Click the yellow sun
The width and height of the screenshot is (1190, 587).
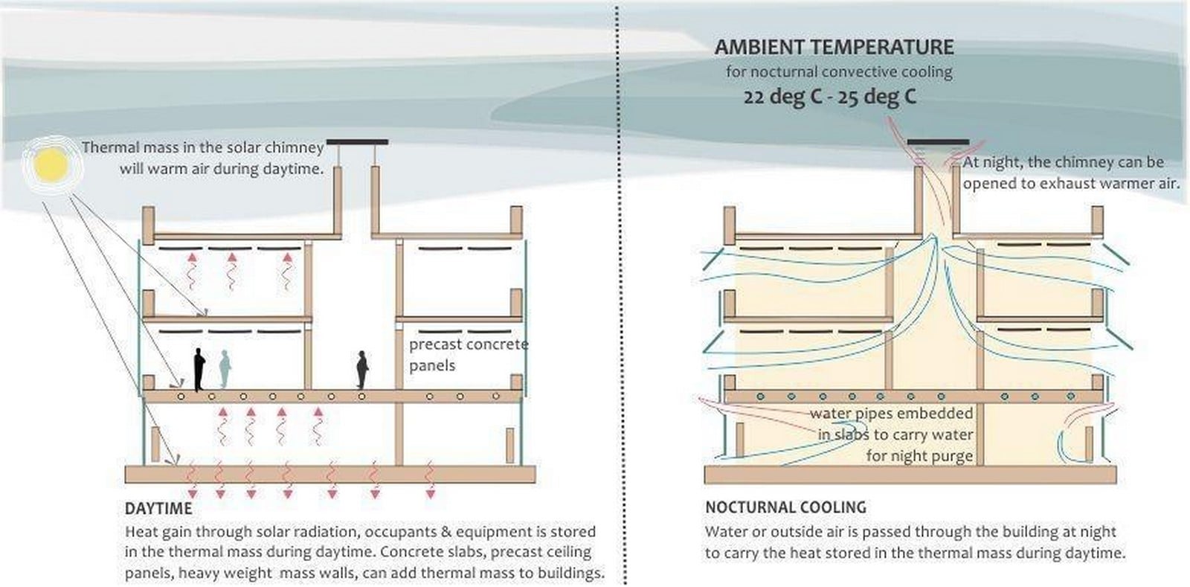pyautogui.click(x=51, y=164)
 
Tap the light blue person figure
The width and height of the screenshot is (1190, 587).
pyautogui.click(x=225, y=369)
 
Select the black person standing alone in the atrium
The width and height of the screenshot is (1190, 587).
pyautogui.click(x=362, y=370)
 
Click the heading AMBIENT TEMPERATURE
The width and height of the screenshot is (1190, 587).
pyautogui.click(x=834, y=47)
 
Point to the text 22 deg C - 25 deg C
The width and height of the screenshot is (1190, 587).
pyautogui.click(x=830, y=97)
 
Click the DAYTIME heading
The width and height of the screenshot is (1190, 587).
pyautogui.click(x=158, y=508)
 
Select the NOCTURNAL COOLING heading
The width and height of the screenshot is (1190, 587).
pyautogui.click(x=785, y=507)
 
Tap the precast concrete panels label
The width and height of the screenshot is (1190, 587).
pyautogui.click(x=469, y=355)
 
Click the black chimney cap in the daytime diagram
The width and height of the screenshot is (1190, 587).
pyautogui.click(x=357, y=142)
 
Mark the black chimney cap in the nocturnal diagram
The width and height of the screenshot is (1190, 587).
pyautogui.click(x=938, y=142)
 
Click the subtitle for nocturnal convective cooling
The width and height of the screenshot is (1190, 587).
pyautogui.click(x=840, y=71)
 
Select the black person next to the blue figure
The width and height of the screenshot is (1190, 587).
pyautogui.click(x=199, y=370)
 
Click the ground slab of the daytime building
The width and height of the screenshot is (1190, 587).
pyautogui.click(x=330, y=475)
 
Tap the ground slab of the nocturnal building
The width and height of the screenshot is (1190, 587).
pyautogui.click(x=910, y=475)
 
